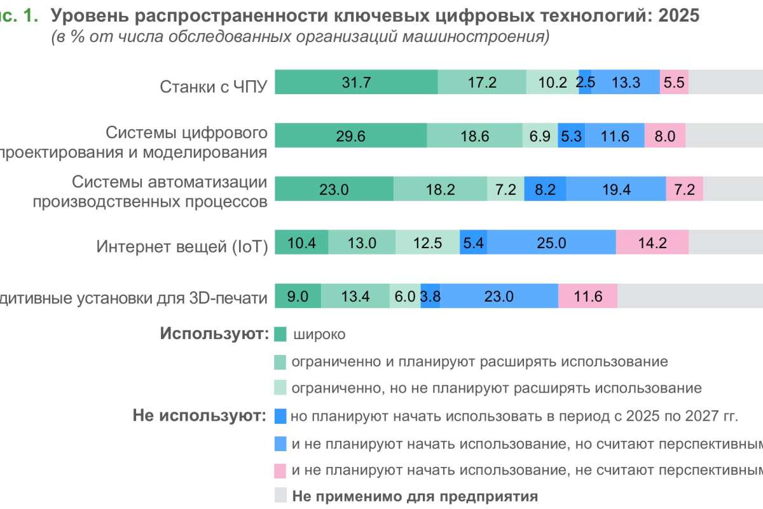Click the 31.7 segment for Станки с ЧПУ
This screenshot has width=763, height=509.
(x=356, y=82)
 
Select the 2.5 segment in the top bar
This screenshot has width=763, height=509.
(x=585, y=82)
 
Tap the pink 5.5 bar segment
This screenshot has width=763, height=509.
(x=674, y=82)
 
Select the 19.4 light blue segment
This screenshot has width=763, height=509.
(x=616, y=189)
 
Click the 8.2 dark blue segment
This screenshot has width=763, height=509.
(x=545, y=189)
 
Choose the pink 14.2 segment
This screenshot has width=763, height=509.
(x=652, y=242)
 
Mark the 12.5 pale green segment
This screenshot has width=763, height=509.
(x=427, y=242)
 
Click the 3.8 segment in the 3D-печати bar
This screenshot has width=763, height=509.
(x=430, y=296)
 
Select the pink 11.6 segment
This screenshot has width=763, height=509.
(x=588, y=296)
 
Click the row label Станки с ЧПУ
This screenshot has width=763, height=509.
(x=214, y=87)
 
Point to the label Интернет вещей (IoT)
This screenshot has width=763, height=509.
(x=182, y=246)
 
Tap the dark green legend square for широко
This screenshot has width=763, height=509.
(x=280, y=335)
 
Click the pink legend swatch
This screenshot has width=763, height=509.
(x=280, y=471)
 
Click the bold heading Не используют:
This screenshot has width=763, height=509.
(x=199, y=416)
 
